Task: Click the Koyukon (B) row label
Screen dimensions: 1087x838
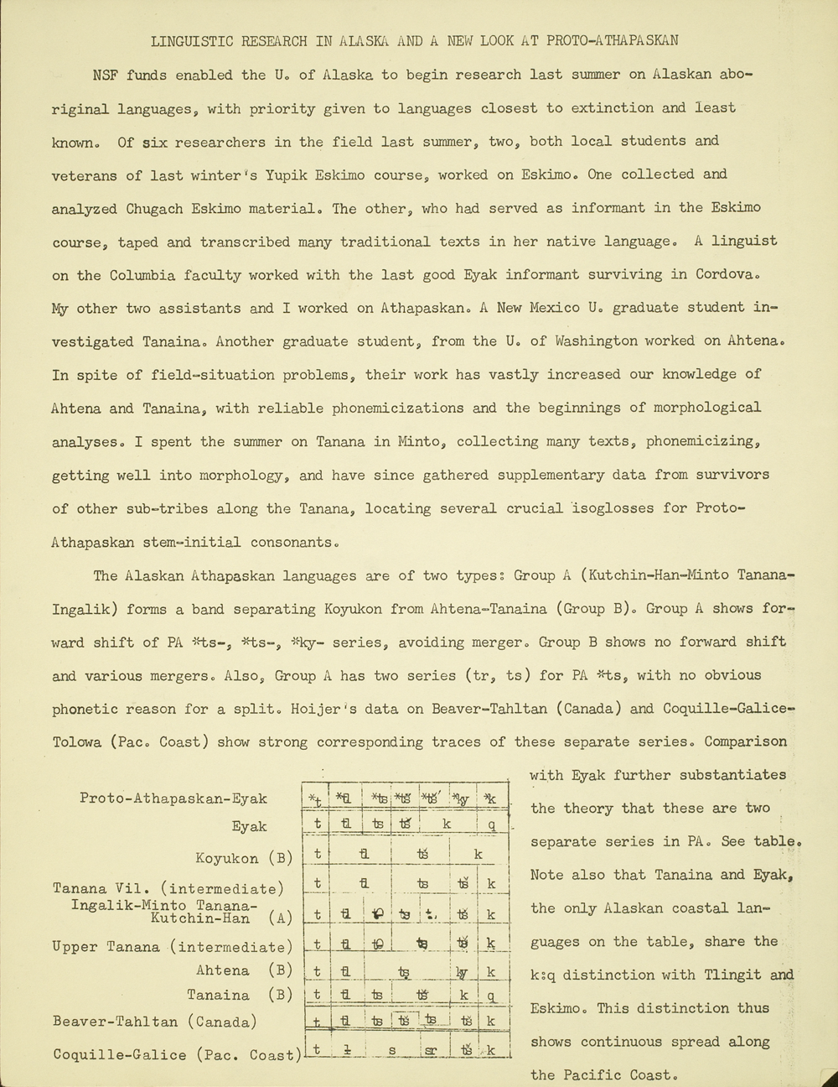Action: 244,858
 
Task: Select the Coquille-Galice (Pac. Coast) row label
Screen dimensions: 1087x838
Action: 176,1054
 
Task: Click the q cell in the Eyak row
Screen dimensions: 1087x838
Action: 492,824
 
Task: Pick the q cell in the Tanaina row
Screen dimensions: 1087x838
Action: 492,996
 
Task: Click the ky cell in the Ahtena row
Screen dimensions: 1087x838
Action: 461,972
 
